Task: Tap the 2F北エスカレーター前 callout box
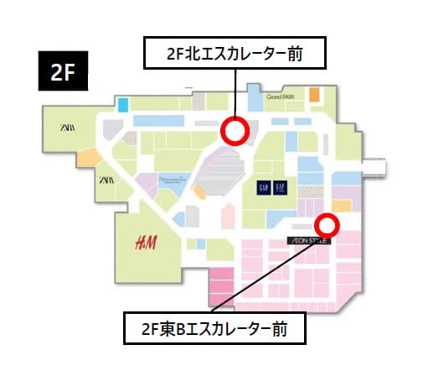tap(235, 55)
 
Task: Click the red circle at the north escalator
tap(235, 131)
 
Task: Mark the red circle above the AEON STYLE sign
tap(326, 224)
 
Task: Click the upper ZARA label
tap(65, 127)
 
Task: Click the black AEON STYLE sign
tap(310, 240)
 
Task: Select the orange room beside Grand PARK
tap(314, 95)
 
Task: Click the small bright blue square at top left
tap(122, 106)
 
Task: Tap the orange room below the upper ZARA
tap(88, 156)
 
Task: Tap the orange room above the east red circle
tap(341, 205)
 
